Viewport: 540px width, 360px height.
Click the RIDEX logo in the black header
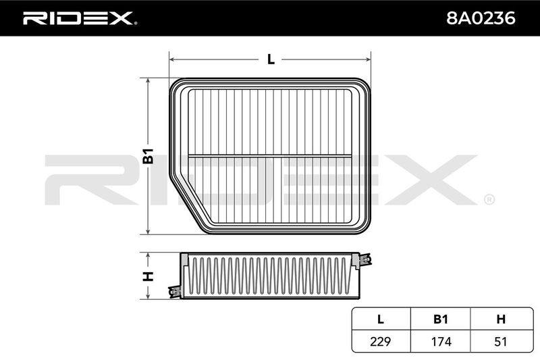(80, 18)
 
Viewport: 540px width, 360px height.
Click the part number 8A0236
(481, 18)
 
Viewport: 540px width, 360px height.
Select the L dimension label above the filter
(271, 59)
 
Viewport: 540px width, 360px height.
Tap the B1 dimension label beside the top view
(148, 156)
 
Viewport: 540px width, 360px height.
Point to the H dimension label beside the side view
(148, 276)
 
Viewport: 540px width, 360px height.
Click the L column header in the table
(381, 319)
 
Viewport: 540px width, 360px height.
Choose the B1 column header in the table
(441, 319)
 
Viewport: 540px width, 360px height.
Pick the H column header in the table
(501, 319)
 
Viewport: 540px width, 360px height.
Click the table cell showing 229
(381, 341)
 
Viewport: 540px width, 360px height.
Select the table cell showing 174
(441, 341)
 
